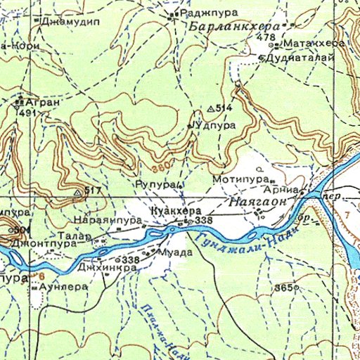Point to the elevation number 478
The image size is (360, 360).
coord(266,37)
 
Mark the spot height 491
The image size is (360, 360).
coord(29,112)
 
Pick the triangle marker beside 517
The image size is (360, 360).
coord(77,191)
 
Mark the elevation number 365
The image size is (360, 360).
coord(283,288)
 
